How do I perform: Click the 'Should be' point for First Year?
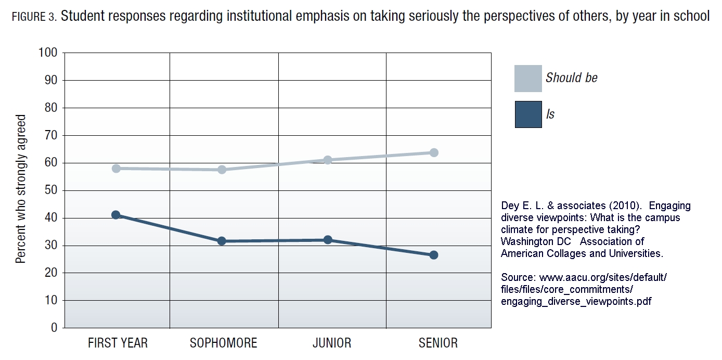[116, 169]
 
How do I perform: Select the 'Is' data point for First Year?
[116, 215]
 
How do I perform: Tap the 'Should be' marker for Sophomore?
[222, 170]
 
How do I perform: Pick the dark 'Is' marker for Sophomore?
[222, 241]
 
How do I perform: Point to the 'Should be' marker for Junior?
[328, 160]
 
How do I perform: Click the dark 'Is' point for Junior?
[328, 240]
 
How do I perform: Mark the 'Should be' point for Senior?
[434, 152]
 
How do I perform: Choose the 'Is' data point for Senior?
[434, 255]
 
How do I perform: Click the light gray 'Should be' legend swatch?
[528, 79]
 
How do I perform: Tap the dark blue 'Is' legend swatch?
[528, 114]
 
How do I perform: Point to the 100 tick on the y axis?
[47, 53]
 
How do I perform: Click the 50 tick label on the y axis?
[50, 191]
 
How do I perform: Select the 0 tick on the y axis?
[54, 328]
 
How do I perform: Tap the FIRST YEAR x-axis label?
[118, 343]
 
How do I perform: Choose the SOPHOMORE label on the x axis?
[223, 343]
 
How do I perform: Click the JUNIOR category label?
[332, 343]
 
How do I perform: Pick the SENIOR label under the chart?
[438, 343]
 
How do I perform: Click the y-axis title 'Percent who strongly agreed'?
[21, 189]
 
